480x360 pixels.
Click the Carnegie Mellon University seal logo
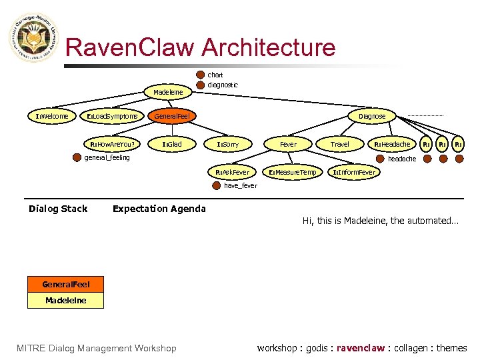click(x=33, y=39)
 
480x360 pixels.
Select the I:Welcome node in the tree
click(x=52, y=116)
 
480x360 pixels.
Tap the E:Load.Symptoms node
click(x=112, y=116)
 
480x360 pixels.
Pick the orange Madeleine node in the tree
click(x=168, y=91)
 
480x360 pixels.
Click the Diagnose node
click(x=372, y=116)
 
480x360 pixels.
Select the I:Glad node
click(x=172, y=144)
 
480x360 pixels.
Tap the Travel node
click(x=339, y=144)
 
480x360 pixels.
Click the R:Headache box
click(x=392, y=144)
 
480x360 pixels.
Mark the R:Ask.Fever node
click(x=232, y=172)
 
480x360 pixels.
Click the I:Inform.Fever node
click(x=355, y=172)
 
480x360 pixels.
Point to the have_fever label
click(x=240, y=185)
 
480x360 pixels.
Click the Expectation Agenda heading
click(x=159, y=209)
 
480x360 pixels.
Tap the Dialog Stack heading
click(x=58, y=209)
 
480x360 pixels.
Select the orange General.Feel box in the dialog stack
click(x=65, y=285)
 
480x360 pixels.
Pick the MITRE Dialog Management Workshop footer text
click(x=96, y=348)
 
